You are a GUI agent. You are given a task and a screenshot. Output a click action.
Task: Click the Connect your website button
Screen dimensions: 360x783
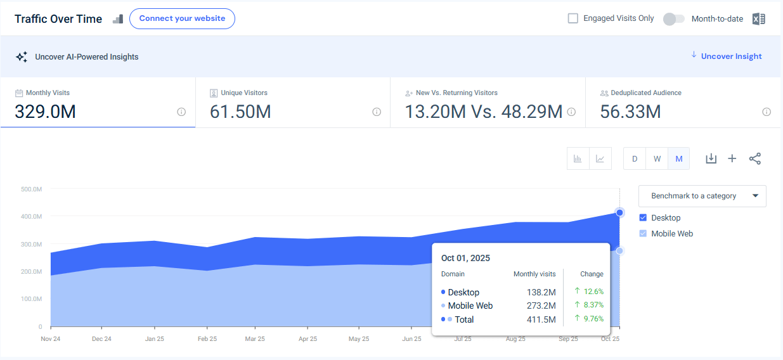182,19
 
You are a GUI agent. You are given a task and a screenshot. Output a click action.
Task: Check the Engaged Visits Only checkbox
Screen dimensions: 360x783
573,18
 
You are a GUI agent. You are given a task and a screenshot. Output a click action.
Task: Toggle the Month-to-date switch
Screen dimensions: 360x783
673,19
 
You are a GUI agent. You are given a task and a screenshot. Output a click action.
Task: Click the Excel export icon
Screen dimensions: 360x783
758,19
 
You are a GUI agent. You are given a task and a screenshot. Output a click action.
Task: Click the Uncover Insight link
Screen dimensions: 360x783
731,56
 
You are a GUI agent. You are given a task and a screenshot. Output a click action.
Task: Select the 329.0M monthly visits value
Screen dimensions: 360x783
45,112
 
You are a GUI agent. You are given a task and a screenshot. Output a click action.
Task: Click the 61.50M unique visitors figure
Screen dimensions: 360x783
240,112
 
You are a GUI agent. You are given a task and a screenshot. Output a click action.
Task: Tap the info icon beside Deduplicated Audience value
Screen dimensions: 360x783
767,112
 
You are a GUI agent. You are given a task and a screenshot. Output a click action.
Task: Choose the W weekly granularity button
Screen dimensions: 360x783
657,158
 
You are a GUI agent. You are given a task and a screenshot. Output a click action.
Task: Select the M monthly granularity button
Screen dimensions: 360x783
678,158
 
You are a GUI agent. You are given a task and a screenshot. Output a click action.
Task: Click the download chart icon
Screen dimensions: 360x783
711,158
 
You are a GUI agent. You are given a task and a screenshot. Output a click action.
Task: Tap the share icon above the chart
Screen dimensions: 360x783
754,158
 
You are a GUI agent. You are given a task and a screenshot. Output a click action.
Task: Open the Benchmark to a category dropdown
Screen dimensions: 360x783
702,196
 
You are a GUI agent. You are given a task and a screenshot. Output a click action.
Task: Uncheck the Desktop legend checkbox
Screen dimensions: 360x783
644,218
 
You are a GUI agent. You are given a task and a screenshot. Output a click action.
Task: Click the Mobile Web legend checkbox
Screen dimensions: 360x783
644,234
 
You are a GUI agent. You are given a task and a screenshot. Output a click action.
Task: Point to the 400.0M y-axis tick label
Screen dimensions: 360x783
31,217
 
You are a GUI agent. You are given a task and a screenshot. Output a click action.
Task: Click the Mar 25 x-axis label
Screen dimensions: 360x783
255,339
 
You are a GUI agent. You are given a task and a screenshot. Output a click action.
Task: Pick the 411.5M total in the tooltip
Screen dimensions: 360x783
542,319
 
